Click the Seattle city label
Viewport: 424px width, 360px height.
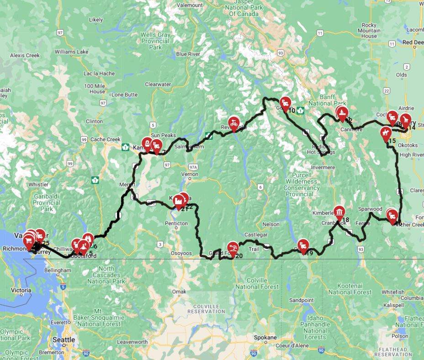tap(64, 339)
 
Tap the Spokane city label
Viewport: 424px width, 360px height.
tap(265, 338)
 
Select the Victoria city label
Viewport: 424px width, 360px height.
tap(21, 290)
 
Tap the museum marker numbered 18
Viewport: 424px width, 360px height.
tap(339, 212)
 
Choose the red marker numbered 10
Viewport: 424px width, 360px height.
tap(286, 103)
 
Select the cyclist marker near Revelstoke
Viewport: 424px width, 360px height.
tap(234, 122)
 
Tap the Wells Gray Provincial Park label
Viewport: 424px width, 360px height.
tap(155, 41)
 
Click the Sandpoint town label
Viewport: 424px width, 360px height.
tap(301, 300)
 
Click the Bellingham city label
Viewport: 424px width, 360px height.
tap(58, 270)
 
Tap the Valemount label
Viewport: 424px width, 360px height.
tap(189, 5)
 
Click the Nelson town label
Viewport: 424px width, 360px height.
tap(270, 224)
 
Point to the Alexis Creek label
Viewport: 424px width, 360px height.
tap(25, 56)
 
